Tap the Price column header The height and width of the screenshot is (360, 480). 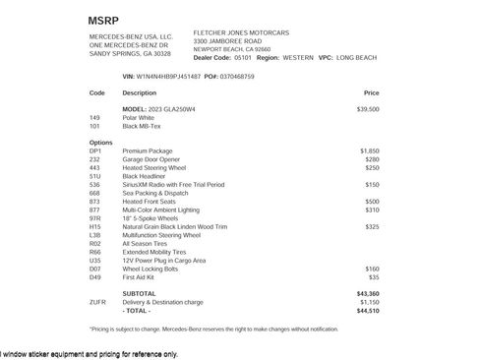[371, 92]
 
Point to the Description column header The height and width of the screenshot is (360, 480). [139, 92]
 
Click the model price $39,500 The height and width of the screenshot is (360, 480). [368, 109]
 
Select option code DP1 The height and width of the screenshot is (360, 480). [95, 150]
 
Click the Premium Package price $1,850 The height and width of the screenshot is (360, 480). [370, 150]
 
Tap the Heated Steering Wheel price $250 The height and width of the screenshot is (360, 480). [372, 167]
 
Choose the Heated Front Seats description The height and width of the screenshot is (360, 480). [150, 201]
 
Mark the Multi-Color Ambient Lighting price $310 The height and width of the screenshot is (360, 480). [372, 210]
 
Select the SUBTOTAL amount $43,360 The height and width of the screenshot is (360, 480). [368, 293]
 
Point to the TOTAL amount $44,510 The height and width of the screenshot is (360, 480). [368, 310]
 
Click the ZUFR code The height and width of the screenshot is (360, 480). [97, 302]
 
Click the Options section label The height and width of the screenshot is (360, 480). [100, 142]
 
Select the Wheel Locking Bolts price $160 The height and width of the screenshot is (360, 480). [372, 268]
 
